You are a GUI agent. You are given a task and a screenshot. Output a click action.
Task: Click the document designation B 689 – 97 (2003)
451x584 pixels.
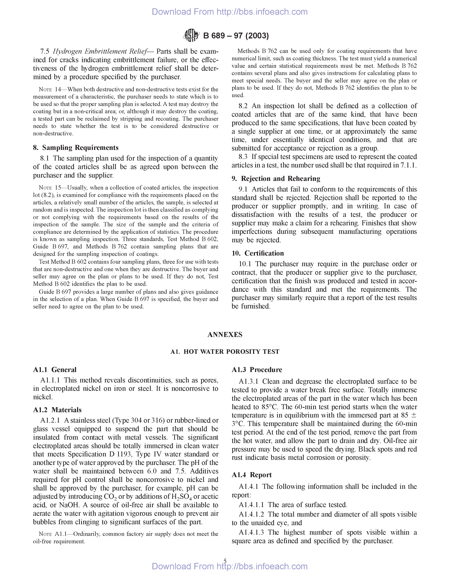coord(236,36)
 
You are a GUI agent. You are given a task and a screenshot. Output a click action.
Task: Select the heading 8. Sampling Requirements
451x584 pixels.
coord(76,148)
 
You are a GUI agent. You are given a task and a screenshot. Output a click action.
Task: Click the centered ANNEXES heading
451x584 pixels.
coord(225,334)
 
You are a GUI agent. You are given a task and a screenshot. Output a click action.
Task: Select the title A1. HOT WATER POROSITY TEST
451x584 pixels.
coord(225,352)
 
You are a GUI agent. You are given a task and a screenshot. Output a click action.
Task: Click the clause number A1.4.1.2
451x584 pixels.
coord(251,514)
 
